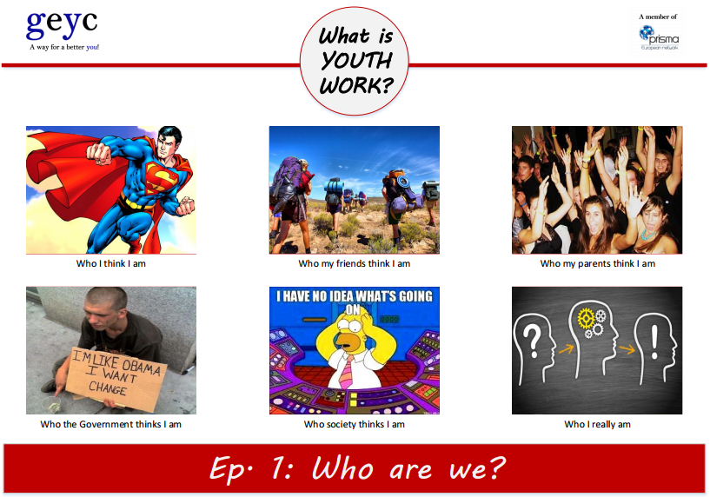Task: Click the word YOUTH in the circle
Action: (x=355, y=61)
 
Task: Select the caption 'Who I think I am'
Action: (x=110, y=263)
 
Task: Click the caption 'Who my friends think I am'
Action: (x=354, y=263)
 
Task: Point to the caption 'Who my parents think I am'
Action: (x=597, y=263)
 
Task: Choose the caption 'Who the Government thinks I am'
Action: (x=110, y=424)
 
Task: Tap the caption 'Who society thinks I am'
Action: (x=354, y=424)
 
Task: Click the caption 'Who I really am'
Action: (x=597, y=424)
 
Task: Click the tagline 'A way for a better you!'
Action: (x=64, y=47)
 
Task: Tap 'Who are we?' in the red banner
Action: (x=408, y=468)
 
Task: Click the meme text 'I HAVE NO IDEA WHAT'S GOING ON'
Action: (x=354, y=301)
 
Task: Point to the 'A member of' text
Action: (x=658, y=17)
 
